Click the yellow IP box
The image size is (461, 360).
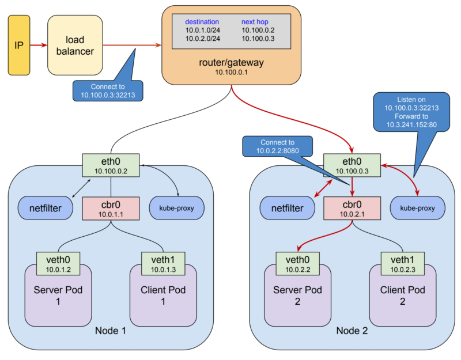pyautogui.click(x=18, y=45)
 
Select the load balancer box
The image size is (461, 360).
pyautogui.click(x=75, y=45)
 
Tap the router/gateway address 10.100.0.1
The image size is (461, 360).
pyautogui.click(x=231, y=73)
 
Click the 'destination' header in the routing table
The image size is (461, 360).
pyautogui.click(x=202, y=22)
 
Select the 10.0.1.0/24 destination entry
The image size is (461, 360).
pyautogui.click(x=202, y=30)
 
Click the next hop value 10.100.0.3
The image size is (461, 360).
pyautogui.click(x=258, y=39)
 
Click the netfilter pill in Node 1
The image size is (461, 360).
pyautogui.click(x=46, y=208)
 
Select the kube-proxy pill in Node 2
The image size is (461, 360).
pyautogui.click(x=417, y=208)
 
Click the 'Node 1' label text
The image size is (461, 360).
pyautogui.click(x=110, y=331)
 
